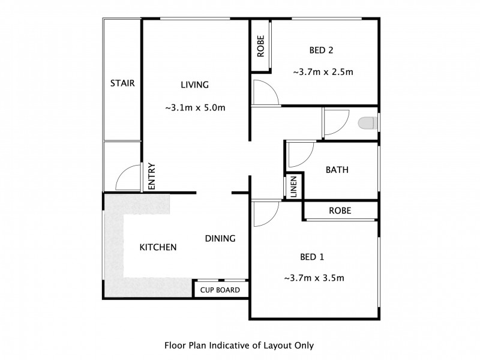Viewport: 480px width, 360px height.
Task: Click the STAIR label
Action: click(x=122, y=83)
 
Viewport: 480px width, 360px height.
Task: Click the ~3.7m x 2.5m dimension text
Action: click(x=323, y=72)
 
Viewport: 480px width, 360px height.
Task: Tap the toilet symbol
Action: click(x=366, y=124)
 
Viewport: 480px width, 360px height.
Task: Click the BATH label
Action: click(x=337, y=170)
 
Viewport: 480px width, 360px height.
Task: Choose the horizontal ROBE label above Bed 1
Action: click(x=340, y=211)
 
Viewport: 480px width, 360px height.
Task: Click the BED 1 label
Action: click(x=312, y=257)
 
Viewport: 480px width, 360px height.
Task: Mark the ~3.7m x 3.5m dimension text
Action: click(x=313, y=278)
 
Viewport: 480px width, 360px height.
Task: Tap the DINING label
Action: click(x=220, y=238)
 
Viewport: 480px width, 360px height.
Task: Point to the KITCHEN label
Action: click(x=158, y=247)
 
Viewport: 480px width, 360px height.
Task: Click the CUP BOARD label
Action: click(x=220, y=290)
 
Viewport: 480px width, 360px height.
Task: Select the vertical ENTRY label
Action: click(x=152, y=177)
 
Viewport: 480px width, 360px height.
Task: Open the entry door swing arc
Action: click(x=127, y=178)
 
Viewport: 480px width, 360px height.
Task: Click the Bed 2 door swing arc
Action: click(x=265, y=92)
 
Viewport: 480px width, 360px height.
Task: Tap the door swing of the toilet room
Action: click(x=336, y=123)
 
